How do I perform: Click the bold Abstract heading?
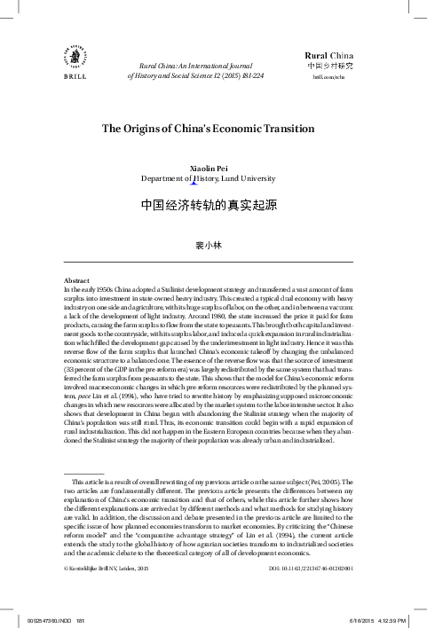[x=69, y=279]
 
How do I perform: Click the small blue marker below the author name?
[x=206, y=184]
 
